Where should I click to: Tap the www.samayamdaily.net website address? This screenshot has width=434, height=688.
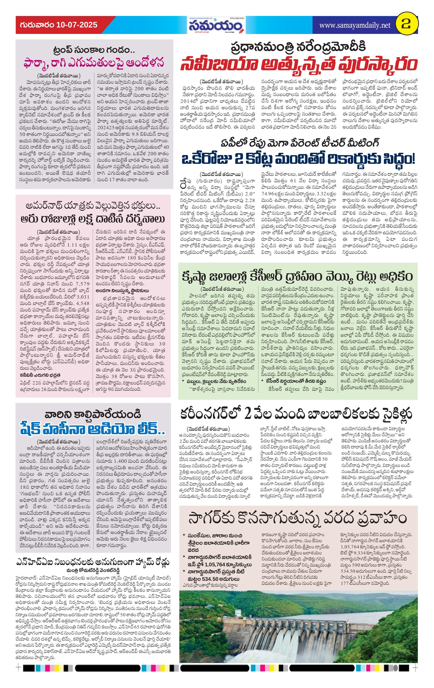tap(354, 25)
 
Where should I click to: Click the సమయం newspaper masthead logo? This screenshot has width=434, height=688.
tap(216, 26)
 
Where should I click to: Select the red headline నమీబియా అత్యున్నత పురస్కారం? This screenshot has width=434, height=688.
tap(298, 65)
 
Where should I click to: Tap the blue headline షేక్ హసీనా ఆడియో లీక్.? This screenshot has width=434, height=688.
tap(93, 429)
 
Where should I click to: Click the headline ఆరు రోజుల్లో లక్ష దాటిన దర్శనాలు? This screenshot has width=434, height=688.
tap(93, 219)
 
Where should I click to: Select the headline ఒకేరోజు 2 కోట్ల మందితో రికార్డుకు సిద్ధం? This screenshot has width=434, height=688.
tap(298, 159)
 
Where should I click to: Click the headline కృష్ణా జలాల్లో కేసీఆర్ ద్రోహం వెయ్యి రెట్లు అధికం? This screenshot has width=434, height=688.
tap(297, 277)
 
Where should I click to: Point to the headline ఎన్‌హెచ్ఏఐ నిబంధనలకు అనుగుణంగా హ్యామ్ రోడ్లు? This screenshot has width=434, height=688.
tap(93, 562)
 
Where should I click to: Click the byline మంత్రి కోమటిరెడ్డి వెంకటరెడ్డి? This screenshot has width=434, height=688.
tap(93, 570)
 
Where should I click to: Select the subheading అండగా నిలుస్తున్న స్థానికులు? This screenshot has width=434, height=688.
tap(122, 290)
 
